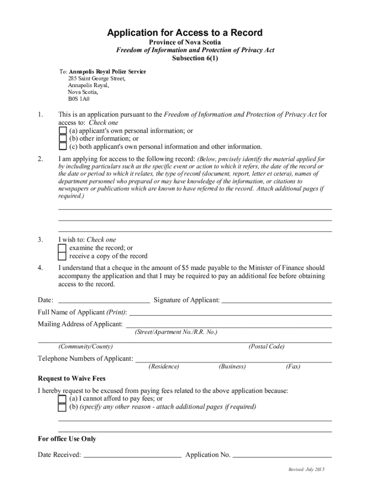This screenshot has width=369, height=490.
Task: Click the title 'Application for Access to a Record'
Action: pos(184,33)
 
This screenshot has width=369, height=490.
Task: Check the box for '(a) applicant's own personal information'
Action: pos(62,131)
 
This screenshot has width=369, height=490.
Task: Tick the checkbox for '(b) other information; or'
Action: pos(62,139)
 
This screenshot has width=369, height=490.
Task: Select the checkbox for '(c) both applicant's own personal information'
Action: pos(62,147)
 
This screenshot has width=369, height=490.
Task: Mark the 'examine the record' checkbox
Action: pos(62,248)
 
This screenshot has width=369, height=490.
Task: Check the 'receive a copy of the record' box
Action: pos(62,256)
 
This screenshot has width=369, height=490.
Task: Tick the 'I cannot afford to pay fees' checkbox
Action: pos(62,399)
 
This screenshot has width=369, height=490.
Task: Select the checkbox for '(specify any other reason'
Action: pos(62,407)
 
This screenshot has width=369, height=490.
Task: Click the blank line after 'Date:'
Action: pos(104,301)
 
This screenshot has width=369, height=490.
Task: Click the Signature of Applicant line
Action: pos(277,301)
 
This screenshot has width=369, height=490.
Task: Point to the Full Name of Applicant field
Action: pos(231,313)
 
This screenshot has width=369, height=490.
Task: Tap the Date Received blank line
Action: pos(132,456)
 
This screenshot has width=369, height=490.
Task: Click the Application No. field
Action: pos(282,456)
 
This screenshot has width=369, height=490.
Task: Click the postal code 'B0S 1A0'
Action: pos(79,100)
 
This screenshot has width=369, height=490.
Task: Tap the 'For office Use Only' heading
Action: pos(67,439)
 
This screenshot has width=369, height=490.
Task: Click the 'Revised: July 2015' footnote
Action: pos(306,470)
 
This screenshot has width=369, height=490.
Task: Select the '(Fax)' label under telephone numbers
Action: pos(293,367)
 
